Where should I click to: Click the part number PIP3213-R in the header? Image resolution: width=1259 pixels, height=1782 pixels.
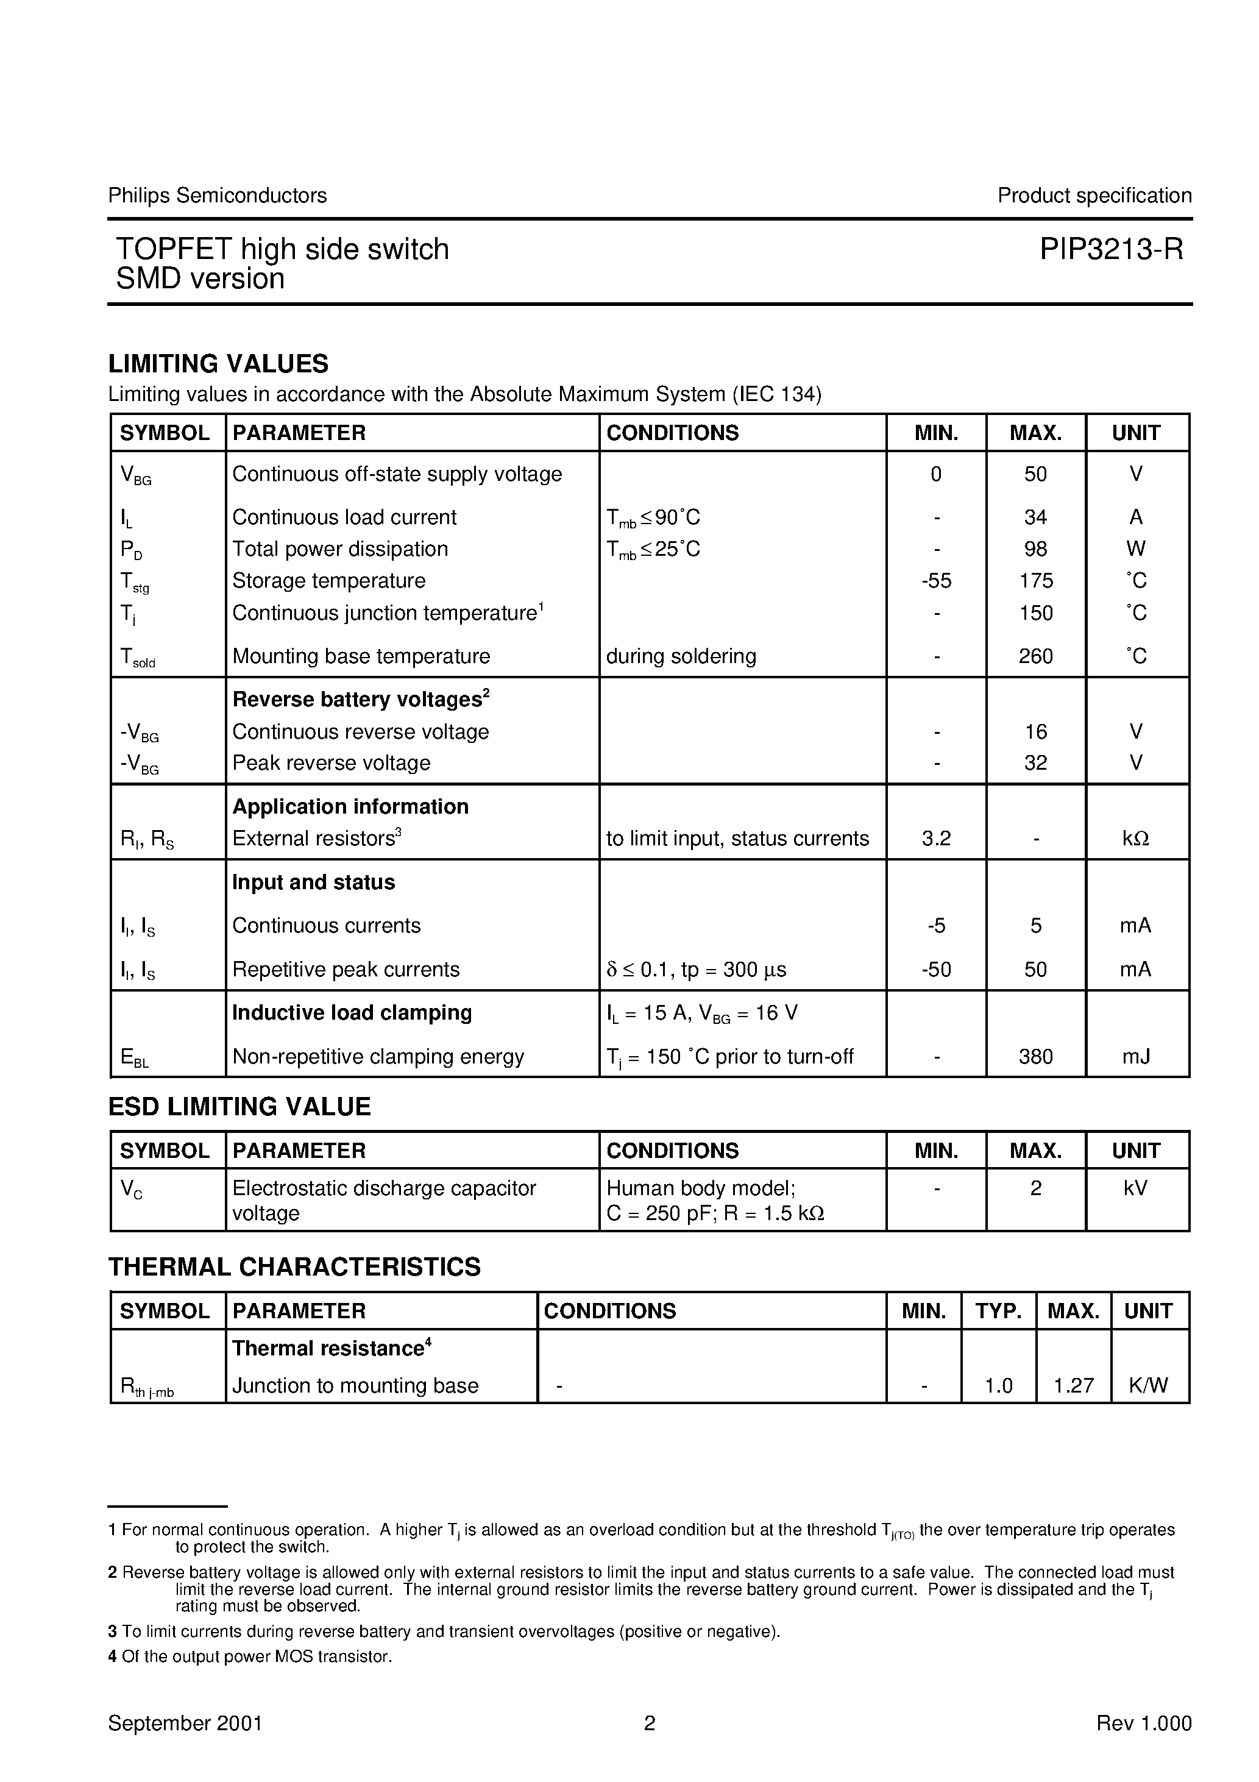click(1112, 250)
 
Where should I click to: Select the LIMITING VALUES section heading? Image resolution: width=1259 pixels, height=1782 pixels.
click(218, 363)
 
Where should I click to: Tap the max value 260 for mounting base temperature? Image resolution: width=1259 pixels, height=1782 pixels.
click(1035, 656)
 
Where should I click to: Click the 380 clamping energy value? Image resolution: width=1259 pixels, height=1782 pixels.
click(1035, 1057)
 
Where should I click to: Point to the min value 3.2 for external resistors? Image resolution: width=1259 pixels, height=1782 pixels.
click(936, 839)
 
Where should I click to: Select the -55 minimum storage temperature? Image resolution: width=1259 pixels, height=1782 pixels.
click(936, 581)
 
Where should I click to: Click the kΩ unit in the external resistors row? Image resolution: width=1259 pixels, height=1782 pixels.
click(1135, 839)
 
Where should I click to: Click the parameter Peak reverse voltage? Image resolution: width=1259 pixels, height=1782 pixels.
click(332, 763)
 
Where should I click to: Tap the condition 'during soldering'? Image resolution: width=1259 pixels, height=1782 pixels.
click(681, 656)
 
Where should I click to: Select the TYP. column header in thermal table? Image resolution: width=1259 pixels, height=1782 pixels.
click(998, 1312)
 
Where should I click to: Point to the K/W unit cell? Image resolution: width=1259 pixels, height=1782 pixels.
click(1148, 1386)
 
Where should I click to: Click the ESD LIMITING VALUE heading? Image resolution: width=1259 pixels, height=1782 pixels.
click(239, 1107)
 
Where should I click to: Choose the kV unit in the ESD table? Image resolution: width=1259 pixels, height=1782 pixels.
click(1135, 1188)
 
